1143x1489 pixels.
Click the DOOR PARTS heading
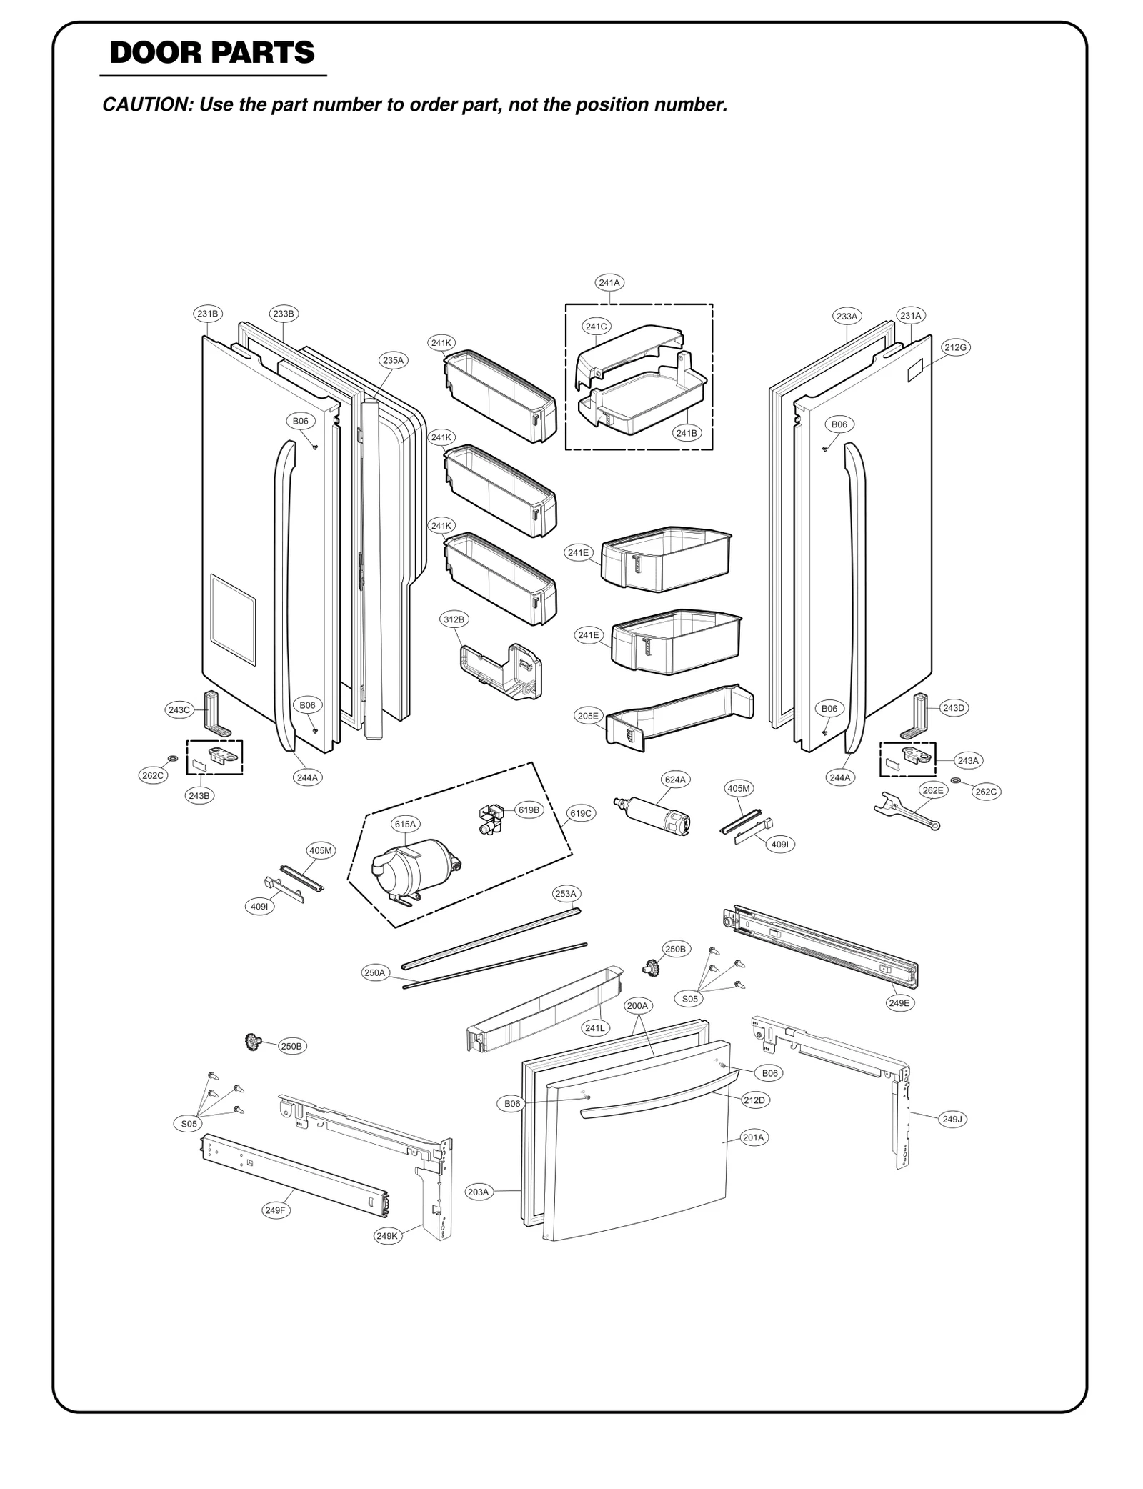point(212,54)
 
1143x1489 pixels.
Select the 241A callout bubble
point(609,283)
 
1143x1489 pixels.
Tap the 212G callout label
point(955,348)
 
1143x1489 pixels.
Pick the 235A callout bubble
point(393,361)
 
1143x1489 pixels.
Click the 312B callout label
point(454,619)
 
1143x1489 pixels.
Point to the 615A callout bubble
point(405,825)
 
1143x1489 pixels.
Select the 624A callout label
point(675,780)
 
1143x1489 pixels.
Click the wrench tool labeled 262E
point(906,811)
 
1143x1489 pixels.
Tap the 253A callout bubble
point(566,894)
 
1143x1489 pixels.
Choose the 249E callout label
point(899,1003)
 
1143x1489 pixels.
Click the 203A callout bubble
point(478,1192)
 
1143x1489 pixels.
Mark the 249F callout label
point(275,1210)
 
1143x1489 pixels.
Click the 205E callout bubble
point(589,716)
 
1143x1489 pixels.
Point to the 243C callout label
point(179,710)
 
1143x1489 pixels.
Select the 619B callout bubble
point(529,810)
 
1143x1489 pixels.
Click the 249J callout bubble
point(952,1120)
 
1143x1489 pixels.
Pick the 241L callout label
point(594,1028)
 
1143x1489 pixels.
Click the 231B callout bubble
point(208,314)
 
